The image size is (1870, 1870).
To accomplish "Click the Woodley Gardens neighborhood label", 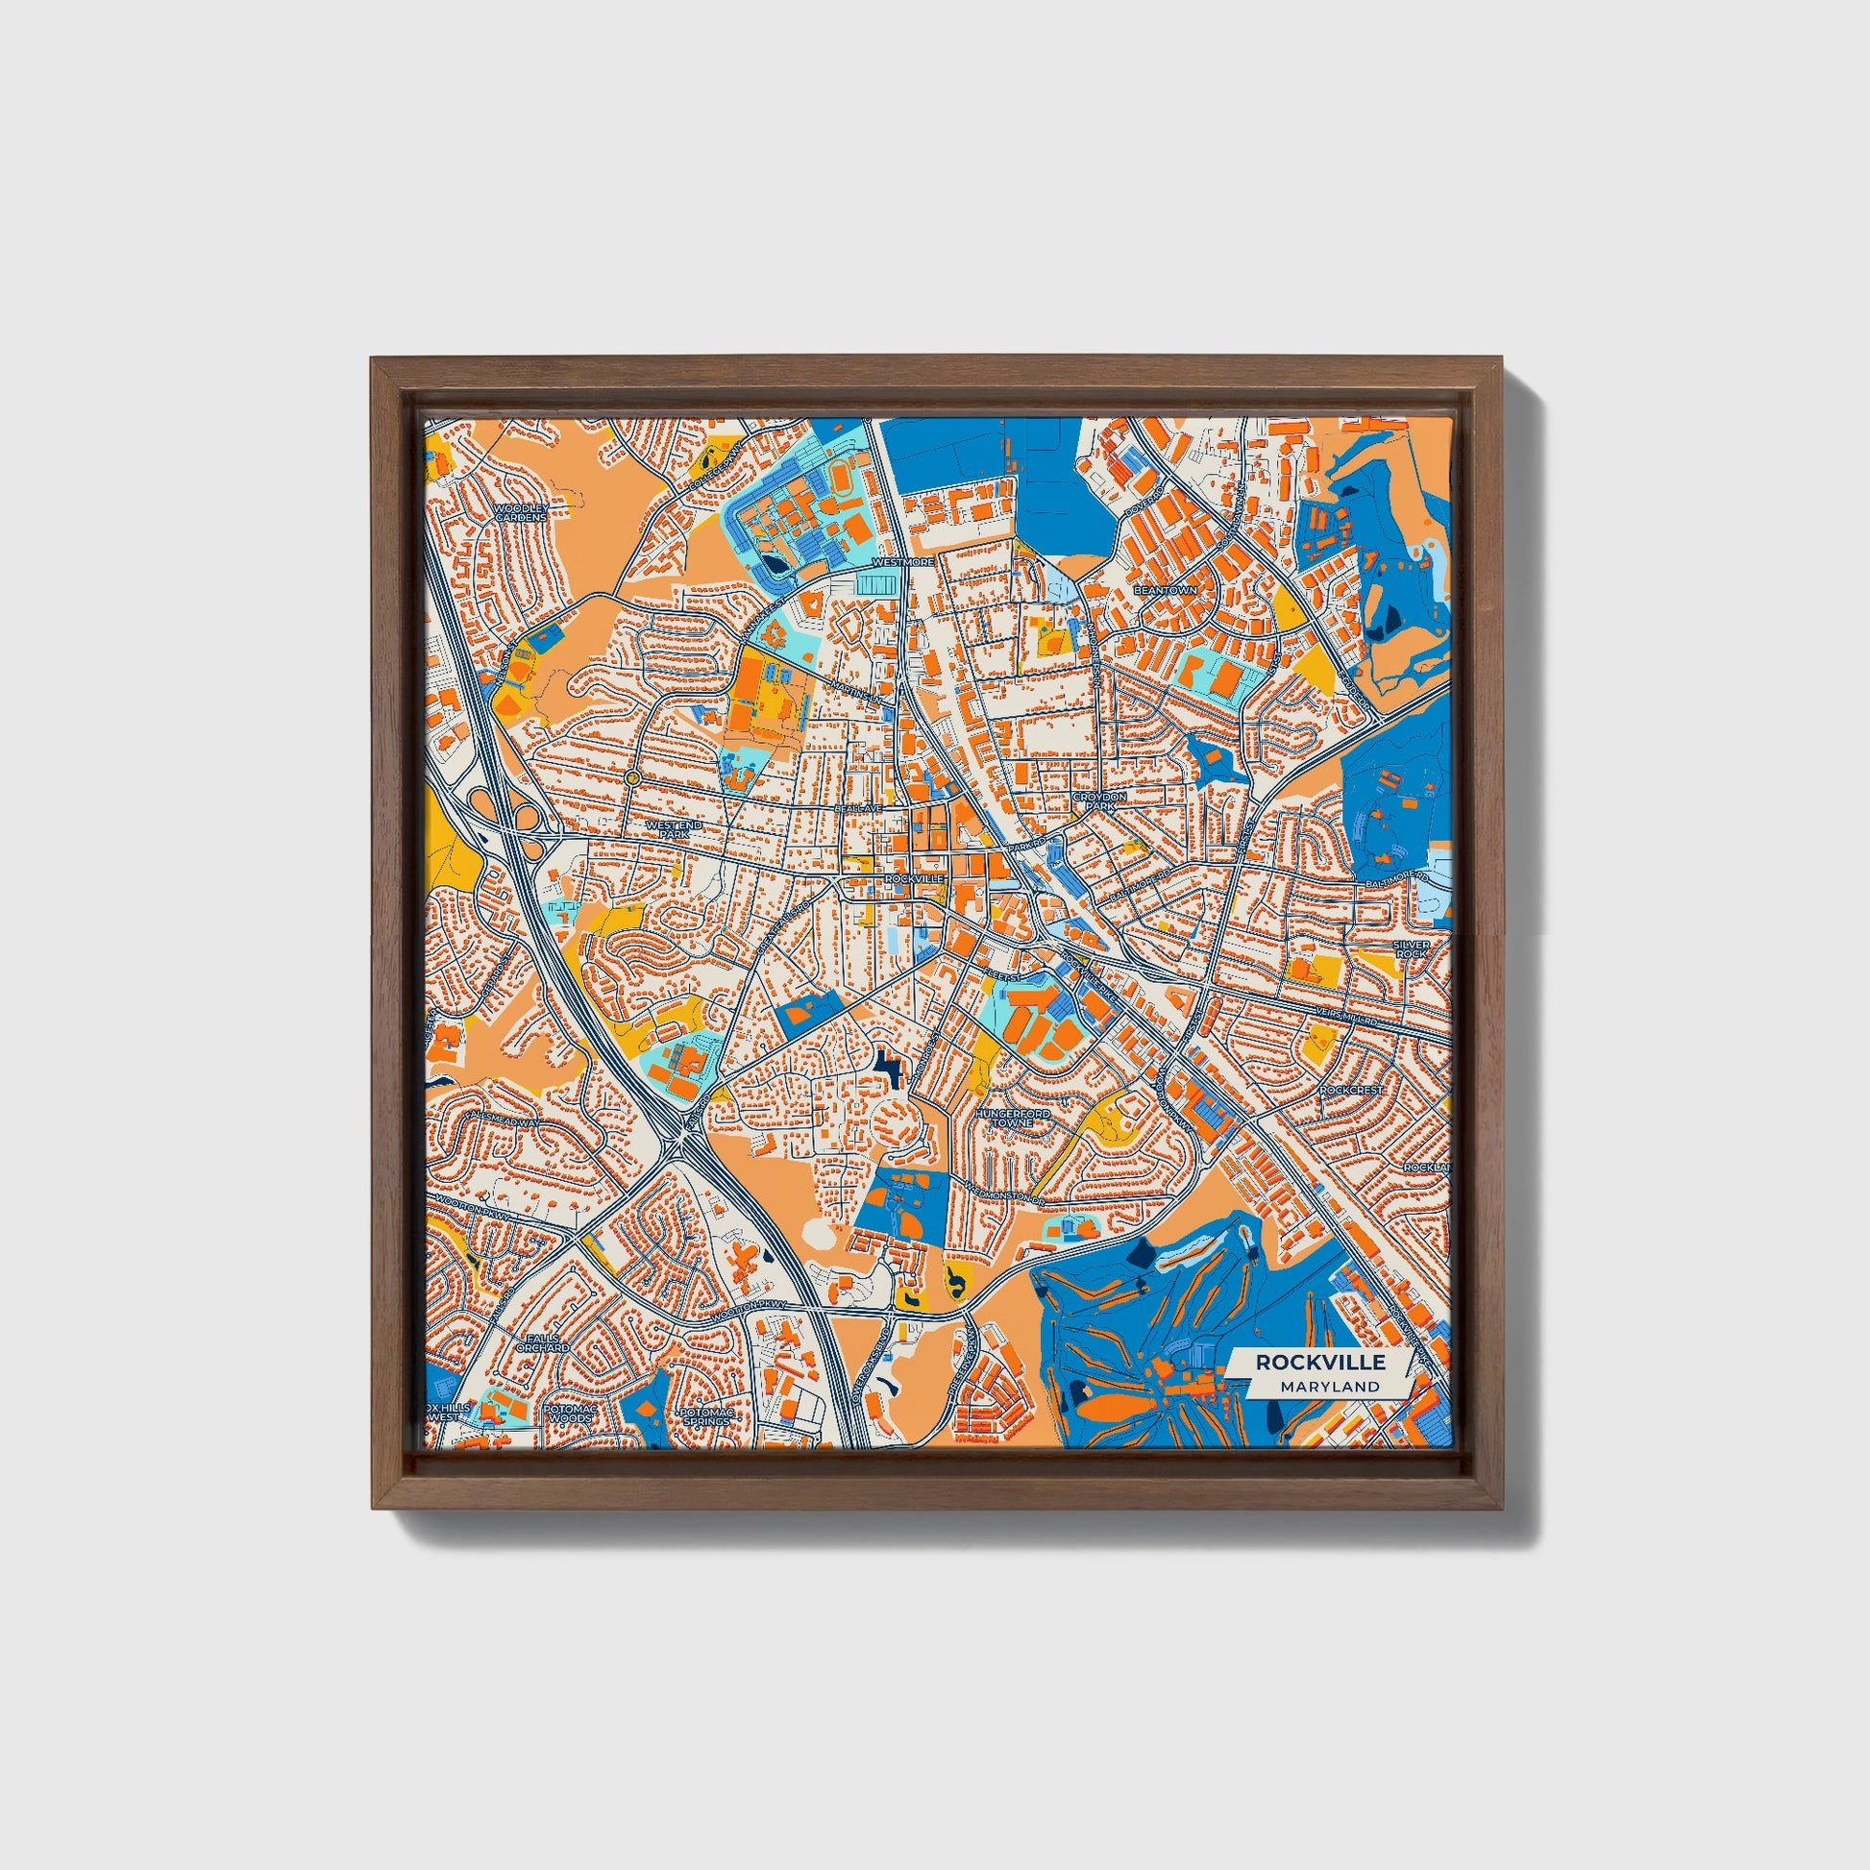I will click(x=521, y=512).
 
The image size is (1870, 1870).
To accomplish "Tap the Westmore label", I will click(x=903, y=561).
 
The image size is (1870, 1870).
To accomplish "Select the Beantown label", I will click(x=1166, y=589).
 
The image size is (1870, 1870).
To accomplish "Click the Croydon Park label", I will click(x=1099, y=800).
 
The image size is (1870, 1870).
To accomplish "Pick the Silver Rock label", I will click(x=1411, y=948).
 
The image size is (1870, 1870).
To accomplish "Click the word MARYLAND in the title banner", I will click(x=1328, y=1386).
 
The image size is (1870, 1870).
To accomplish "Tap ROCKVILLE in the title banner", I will click(x=1320, y=1362).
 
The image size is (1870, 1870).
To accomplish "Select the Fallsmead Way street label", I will click(x=504, y=1119).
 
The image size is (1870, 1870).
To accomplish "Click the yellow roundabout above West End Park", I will click(x=632, y=777).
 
